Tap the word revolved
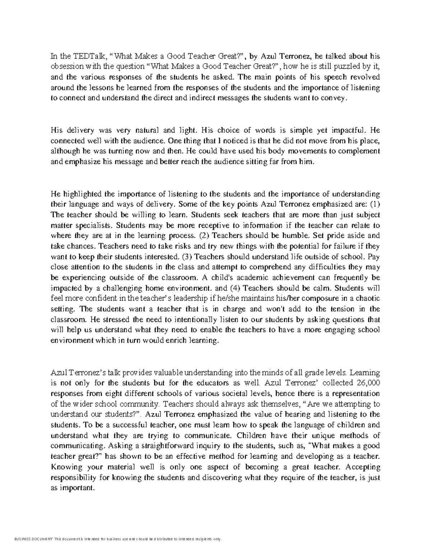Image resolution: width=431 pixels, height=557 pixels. (x=364, y=77)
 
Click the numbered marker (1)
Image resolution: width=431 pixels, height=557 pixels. (x=374, y=205)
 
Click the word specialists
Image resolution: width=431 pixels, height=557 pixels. (x=92, y=226)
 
